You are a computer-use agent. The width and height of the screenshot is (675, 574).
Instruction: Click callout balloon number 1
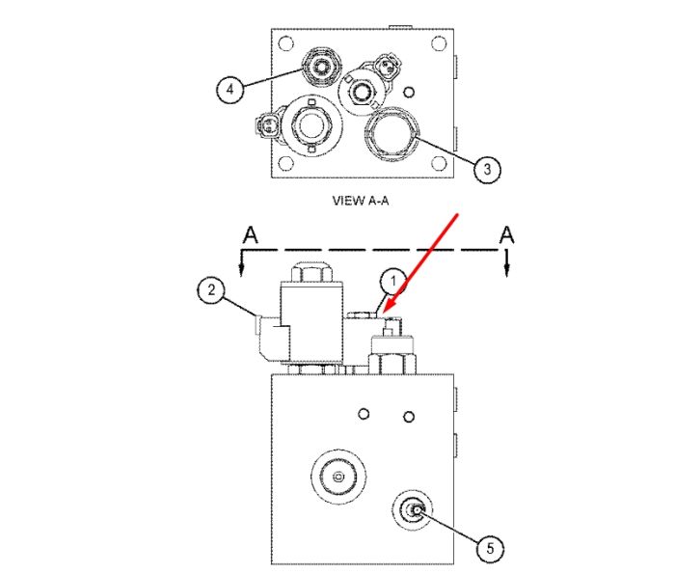click(393, 282)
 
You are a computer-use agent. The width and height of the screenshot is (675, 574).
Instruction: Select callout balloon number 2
click(211, 289)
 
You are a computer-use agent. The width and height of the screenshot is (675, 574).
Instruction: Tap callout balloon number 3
click(487, 169)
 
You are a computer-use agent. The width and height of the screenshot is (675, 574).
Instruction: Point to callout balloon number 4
click(229, 90)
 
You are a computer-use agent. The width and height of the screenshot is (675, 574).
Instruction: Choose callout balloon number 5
click(490, 549)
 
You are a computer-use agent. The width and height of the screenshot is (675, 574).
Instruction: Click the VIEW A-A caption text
click(361, 201)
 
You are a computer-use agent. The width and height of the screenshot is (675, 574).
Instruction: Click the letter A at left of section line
click(251, 235)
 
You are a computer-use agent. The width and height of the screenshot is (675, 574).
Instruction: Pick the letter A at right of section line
click(506, 235)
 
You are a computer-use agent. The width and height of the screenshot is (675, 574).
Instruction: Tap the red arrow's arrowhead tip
click(383, 314)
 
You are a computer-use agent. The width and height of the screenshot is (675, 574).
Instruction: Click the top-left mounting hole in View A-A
click(285, 43)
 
